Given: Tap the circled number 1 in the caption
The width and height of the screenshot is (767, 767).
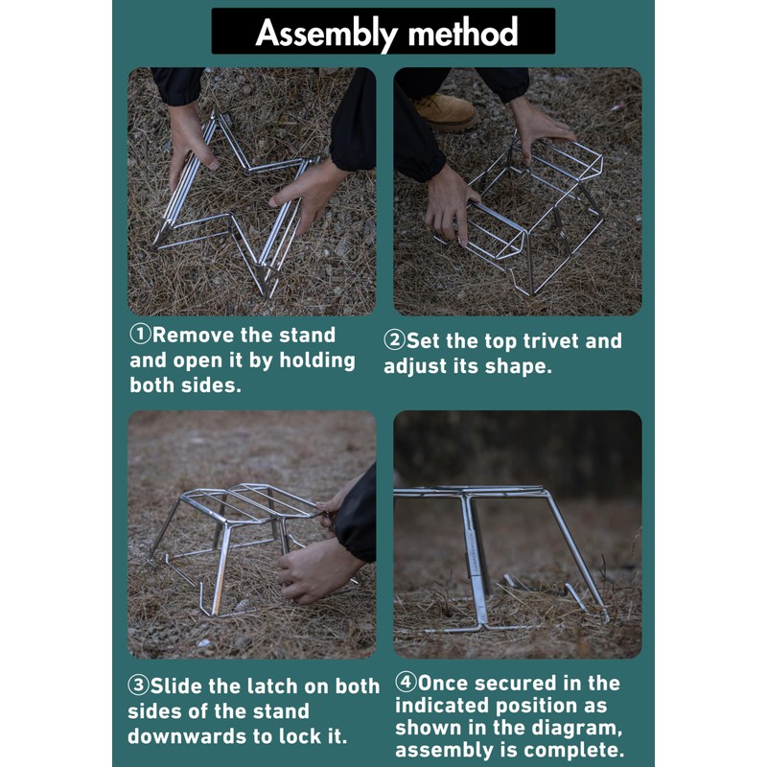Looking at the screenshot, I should pos(140,336).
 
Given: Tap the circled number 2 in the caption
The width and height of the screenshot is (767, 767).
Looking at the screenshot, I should pos(395,341).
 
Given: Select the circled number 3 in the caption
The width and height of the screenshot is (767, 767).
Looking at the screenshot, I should pos(138,686).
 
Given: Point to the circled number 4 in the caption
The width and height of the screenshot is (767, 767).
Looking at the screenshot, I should pos(406,683).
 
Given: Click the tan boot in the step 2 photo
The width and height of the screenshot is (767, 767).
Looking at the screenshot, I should pos(444,111).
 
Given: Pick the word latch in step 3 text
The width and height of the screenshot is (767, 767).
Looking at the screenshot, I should pos(276,686).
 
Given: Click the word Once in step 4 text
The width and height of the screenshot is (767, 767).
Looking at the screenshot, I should pos(447,683).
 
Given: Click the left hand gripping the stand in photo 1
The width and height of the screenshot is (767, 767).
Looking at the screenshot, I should pos(191,145).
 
